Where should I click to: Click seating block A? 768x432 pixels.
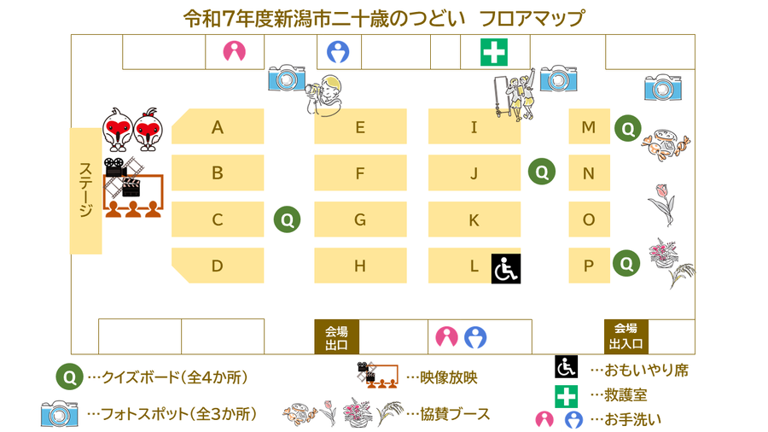pos(218,127)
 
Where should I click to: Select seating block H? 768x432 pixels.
pos(360,266)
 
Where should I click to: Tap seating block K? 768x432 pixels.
pos(474,219)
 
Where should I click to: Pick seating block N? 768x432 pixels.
pos(589,173)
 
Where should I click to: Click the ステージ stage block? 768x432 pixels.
pos(85,190)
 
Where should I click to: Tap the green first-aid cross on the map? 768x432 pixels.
pos(494,53)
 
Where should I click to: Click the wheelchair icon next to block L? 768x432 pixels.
pos(505,269)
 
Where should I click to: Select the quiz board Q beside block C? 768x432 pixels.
pos(288,219)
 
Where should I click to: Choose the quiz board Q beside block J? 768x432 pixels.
pos(541,172)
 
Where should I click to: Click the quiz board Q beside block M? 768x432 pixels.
pos(628,128)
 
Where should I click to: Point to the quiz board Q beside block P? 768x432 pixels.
pos(627,262)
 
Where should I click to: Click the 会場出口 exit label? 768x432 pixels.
pos(336,337)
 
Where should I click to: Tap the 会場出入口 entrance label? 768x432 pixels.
pos(626,336)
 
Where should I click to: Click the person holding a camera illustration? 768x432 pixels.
pos(327,93)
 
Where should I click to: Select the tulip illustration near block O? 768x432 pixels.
pos(660,202)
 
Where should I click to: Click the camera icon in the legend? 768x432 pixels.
pos(60,414)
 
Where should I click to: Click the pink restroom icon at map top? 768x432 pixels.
pos(234,52)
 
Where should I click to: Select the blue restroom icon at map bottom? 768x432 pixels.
pos(475,337)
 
